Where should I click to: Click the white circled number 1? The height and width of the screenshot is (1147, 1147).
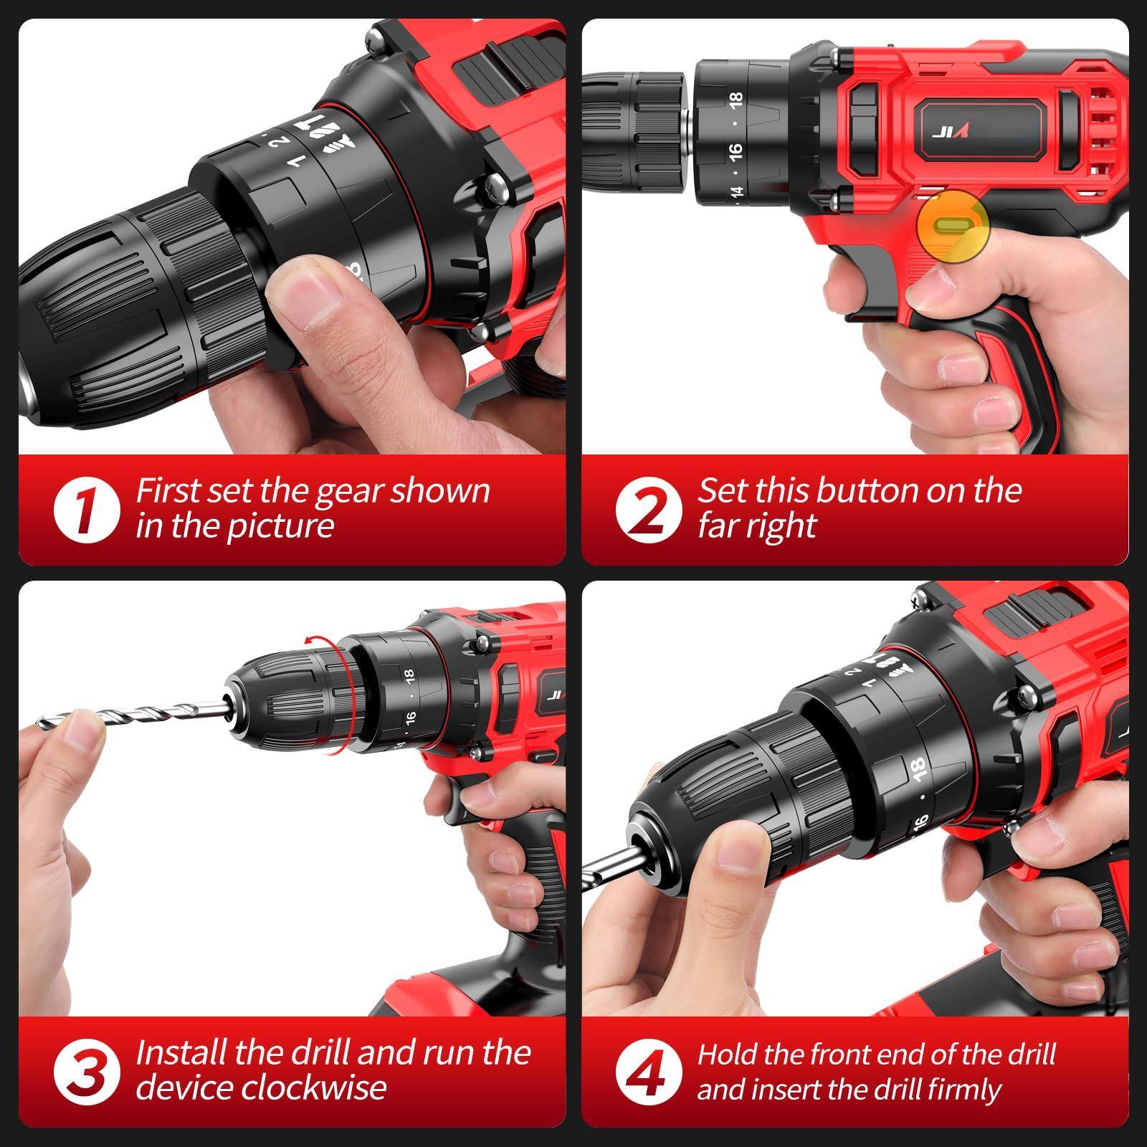coord(86,510)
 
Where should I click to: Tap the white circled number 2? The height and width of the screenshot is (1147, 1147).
coord(648,510)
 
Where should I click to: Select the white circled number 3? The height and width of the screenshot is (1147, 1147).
coord(86,1071)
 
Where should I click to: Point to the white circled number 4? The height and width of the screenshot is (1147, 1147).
coord(648,1071)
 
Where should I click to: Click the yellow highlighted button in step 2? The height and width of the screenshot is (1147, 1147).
coord(953,225)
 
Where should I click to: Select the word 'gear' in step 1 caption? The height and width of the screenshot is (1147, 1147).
coord(341,492)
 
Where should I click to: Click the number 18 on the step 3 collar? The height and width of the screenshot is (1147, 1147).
coord(409,675)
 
